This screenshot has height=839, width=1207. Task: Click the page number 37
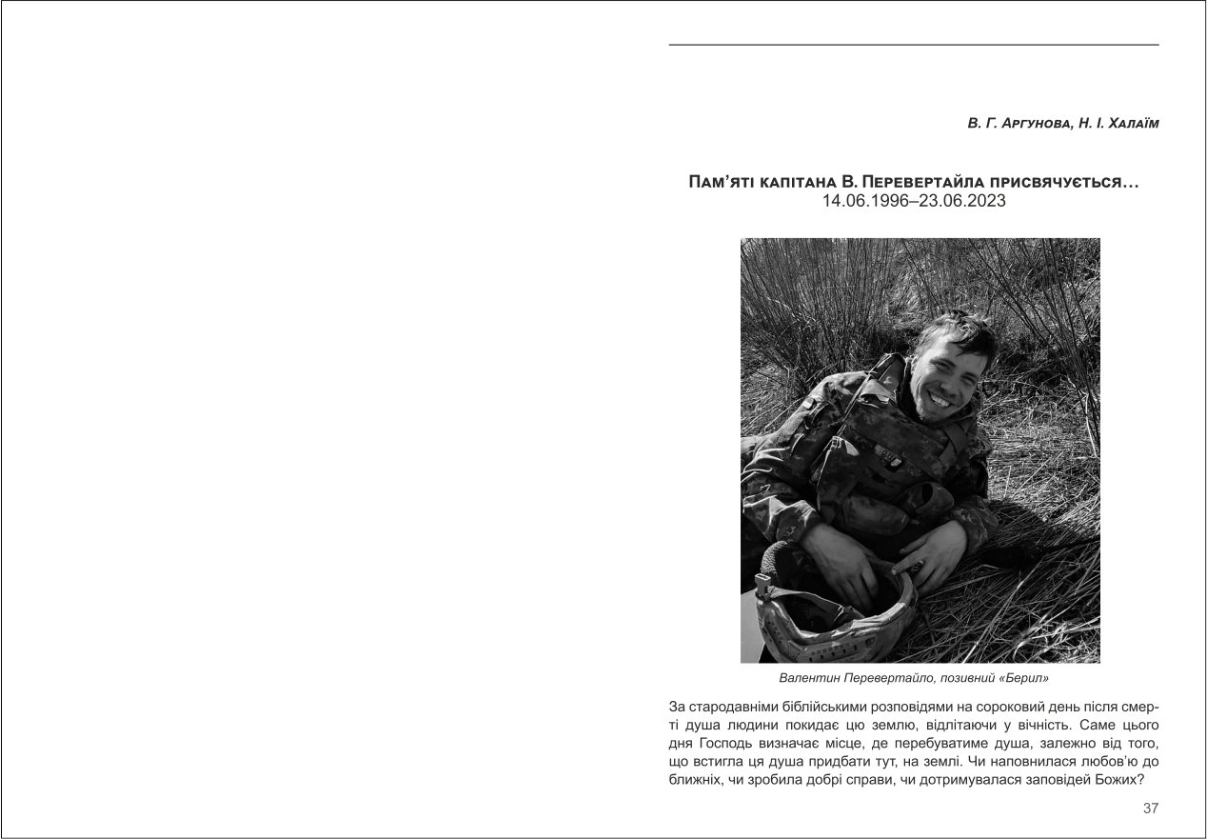point(1150,809)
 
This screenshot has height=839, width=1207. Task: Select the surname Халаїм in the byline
point(1123,124)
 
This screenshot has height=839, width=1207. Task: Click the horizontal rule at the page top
point(914,45)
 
